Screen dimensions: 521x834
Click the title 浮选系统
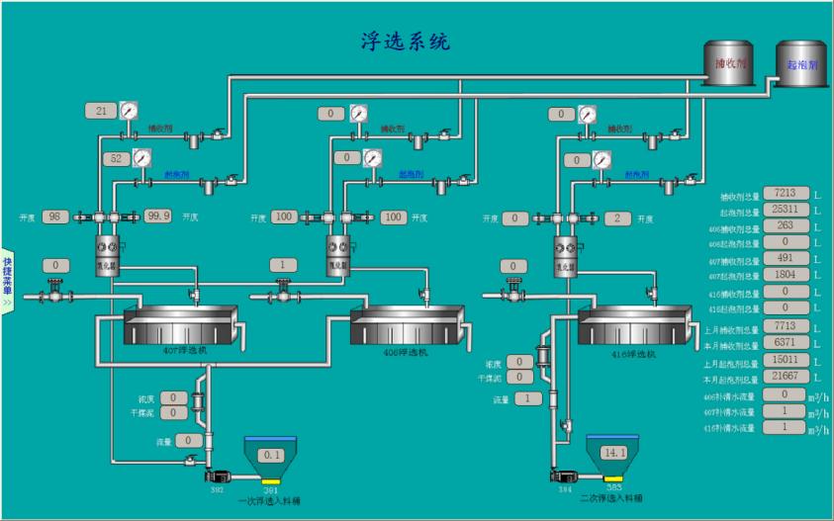click(405, 41)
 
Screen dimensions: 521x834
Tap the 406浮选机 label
click(407, 353)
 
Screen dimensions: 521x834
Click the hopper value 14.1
click(615, 453)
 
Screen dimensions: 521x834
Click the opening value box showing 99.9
click(158, 217)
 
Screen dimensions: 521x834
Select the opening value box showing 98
click(55, 217)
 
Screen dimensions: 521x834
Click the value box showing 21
click(101, 111)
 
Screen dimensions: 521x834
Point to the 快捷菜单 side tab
click(6, 278)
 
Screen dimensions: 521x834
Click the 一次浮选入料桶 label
click(270, 501)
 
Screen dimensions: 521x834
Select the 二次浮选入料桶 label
click(611, 499)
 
